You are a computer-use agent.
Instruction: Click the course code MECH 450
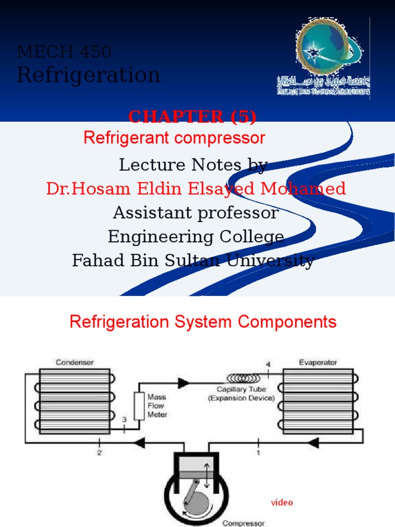(x=64, y=52)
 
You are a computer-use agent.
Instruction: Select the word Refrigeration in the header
(x=88, y=75)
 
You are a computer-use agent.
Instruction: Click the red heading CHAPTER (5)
(x=192, y=117)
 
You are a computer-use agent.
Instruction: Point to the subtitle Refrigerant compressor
(x=174, y=138)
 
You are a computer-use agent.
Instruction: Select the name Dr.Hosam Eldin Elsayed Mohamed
(x=196, y=189)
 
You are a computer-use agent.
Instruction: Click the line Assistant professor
(x=196, y=213)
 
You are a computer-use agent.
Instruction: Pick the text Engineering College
(x=196, y=237)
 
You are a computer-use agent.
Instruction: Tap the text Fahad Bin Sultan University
(x=193, y=261)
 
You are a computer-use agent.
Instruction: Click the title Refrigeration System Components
(x=203, y=322)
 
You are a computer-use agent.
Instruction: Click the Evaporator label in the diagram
(x=318, y=362)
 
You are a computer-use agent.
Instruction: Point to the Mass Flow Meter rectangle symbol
(x=138, y=406)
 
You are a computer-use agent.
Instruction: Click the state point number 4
(x=268, y=365)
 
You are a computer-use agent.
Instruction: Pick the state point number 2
(x=99, y=452)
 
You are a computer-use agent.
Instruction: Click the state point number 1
(x=258, y=452)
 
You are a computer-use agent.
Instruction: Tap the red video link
(x=282, y=502)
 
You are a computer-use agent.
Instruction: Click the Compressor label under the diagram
(x=244, y=523)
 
